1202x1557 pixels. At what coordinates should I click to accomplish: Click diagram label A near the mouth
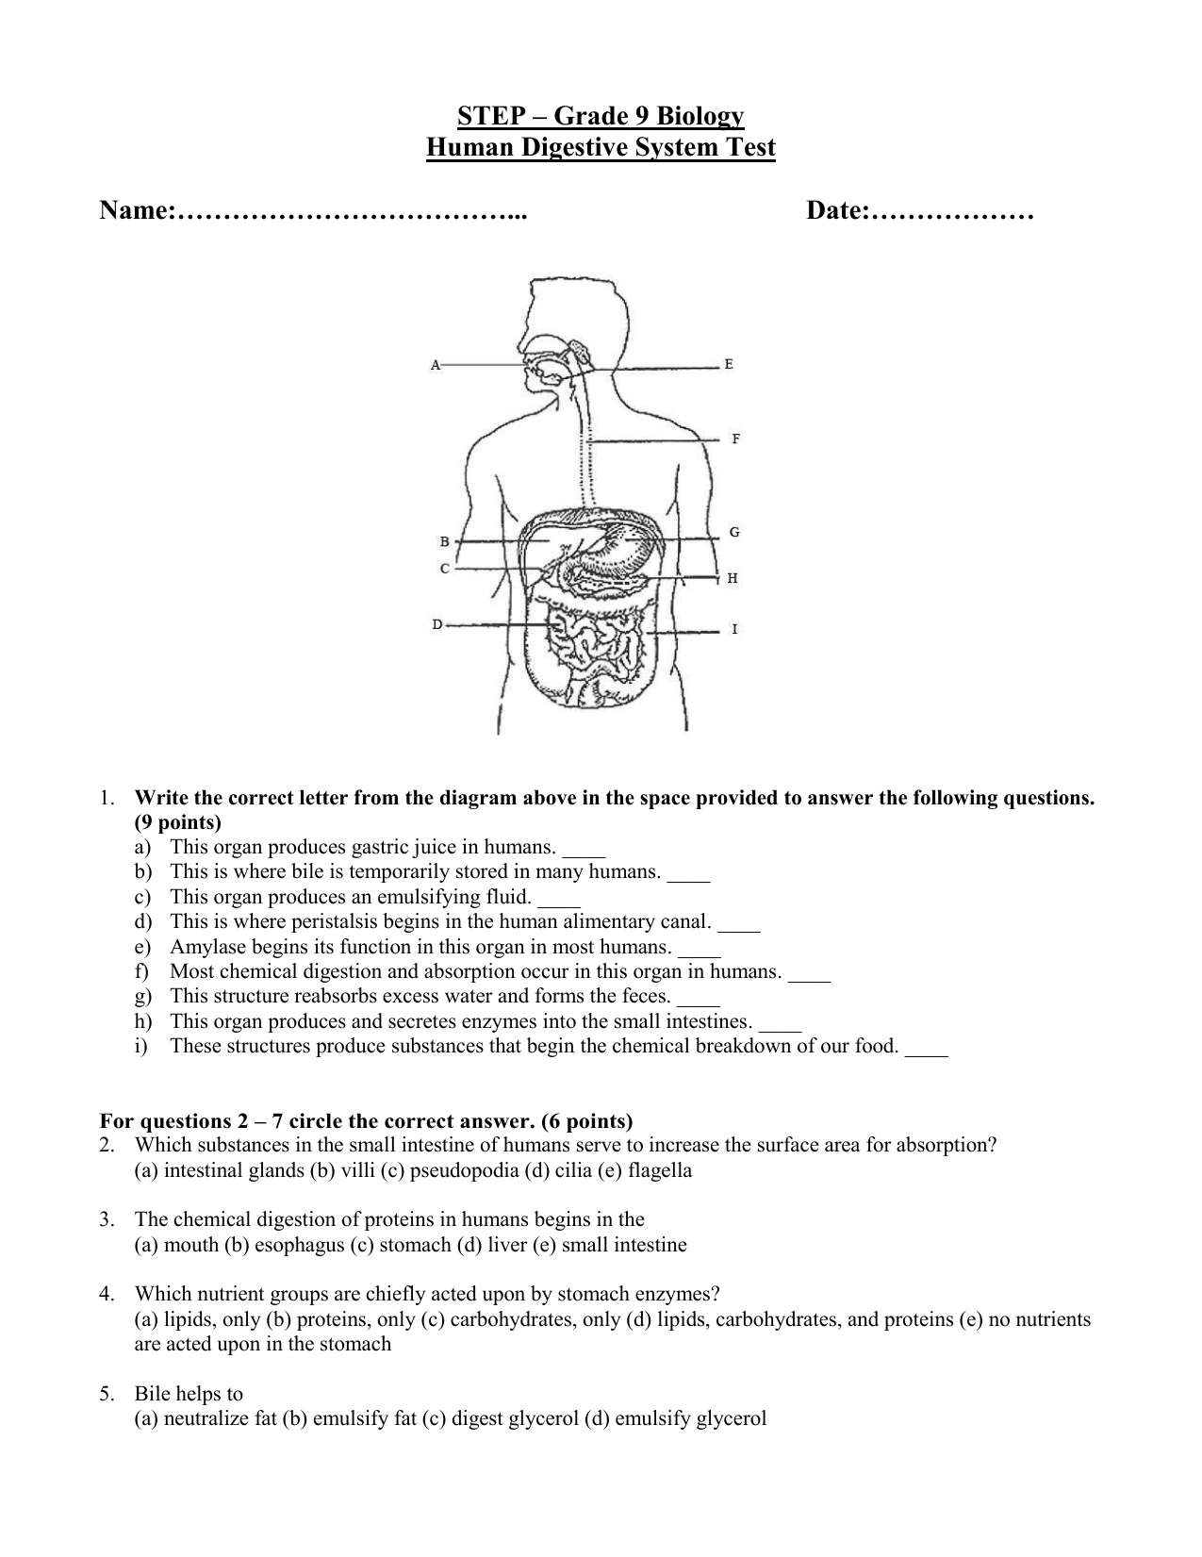click(436, 364)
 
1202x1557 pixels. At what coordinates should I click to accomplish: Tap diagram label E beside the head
click(729, 364)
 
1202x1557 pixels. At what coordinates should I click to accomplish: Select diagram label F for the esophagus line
click(735, 439)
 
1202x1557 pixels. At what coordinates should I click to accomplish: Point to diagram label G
click(734, 532)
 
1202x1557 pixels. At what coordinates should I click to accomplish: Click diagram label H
click(733, 578)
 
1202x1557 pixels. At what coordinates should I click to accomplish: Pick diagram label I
click(734, 629)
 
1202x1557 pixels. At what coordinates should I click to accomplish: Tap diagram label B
click(444, 541)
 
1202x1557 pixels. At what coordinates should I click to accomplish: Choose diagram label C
click(444, 569)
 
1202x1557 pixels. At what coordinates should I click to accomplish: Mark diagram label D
click(437, 623)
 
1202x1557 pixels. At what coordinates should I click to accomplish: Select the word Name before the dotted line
click(134, 212)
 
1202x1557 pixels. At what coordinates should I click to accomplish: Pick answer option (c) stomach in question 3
click(401, 1245)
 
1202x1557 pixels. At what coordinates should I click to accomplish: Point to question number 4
click(107, 1294)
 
